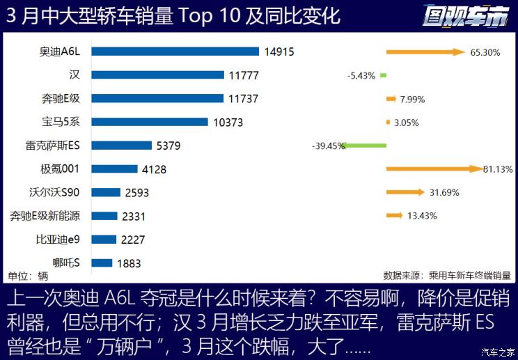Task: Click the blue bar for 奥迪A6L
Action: [x=175, y=52]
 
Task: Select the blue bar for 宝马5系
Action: [x=150, y=122]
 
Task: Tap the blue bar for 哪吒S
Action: [x=102, y=263]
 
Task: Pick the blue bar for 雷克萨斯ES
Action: [x=121, y=146]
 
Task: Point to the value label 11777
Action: [x=242, y=75]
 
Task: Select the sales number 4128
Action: [x=155, y=169]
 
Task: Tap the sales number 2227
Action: [x=132, y=240]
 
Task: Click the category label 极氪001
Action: [x=61, y=169]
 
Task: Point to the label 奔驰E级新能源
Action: [x=45, y=216]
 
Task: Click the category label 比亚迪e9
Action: [x=58, y=240]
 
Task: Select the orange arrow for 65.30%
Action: [x=425, y=52]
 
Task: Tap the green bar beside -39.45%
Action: [x=366, y=146]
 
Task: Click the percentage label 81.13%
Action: [x=498, y=169]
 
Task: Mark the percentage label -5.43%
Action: [x=361, y=75]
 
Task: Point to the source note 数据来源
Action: [x=446, y=275]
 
